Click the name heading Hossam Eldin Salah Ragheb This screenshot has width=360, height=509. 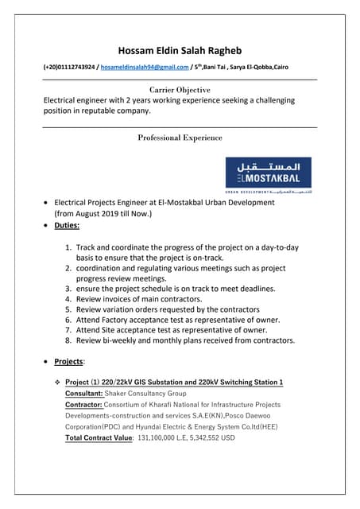pos(180,51)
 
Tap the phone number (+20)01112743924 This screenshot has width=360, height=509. pos(69,69)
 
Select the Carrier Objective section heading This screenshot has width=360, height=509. pos(180,90)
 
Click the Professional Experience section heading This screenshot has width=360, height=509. pos(180,138)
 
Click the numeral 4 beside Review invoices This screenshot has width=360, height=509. pos(68,299)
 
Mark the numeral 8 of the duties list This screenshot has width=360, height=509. pos(68,340)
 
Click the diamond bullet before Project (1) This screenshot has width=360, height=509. pos(57,383)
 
